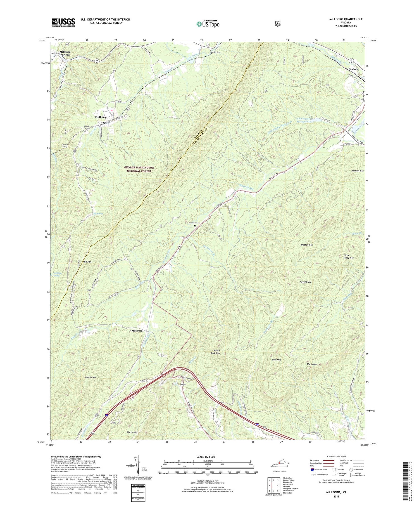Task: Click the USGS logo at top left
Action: [63, 22]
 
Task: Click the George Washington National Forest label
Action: [139, 169]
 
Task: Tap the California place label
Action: [136, 331]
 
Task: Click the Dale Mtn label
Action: [276, 360]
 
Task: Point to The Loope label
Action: [312, 364]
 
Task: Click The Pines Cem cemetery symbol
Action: [195, 226]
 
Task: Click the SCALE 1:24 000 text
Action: [207, 457]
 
